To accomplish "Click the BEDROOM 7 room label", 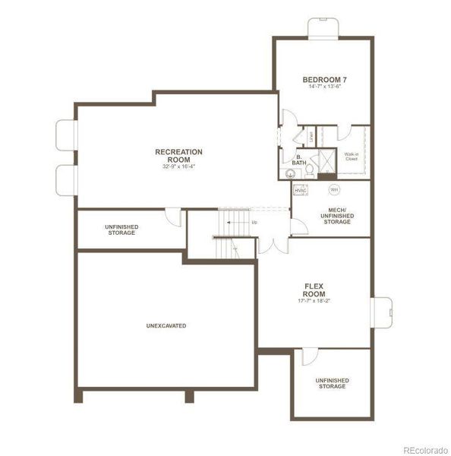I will pos(323,80).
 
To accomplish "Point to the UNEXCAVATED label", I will pos(166,325).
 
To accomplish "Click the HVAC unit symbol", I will pos(300,190).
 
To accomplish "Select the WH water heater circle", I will pos(333,188).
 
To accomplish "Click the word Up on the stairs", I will pos(254,222).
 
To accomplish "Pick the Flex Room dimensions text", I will pos(314,299).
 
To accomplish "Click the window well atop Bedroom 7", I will pos(323,27).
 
